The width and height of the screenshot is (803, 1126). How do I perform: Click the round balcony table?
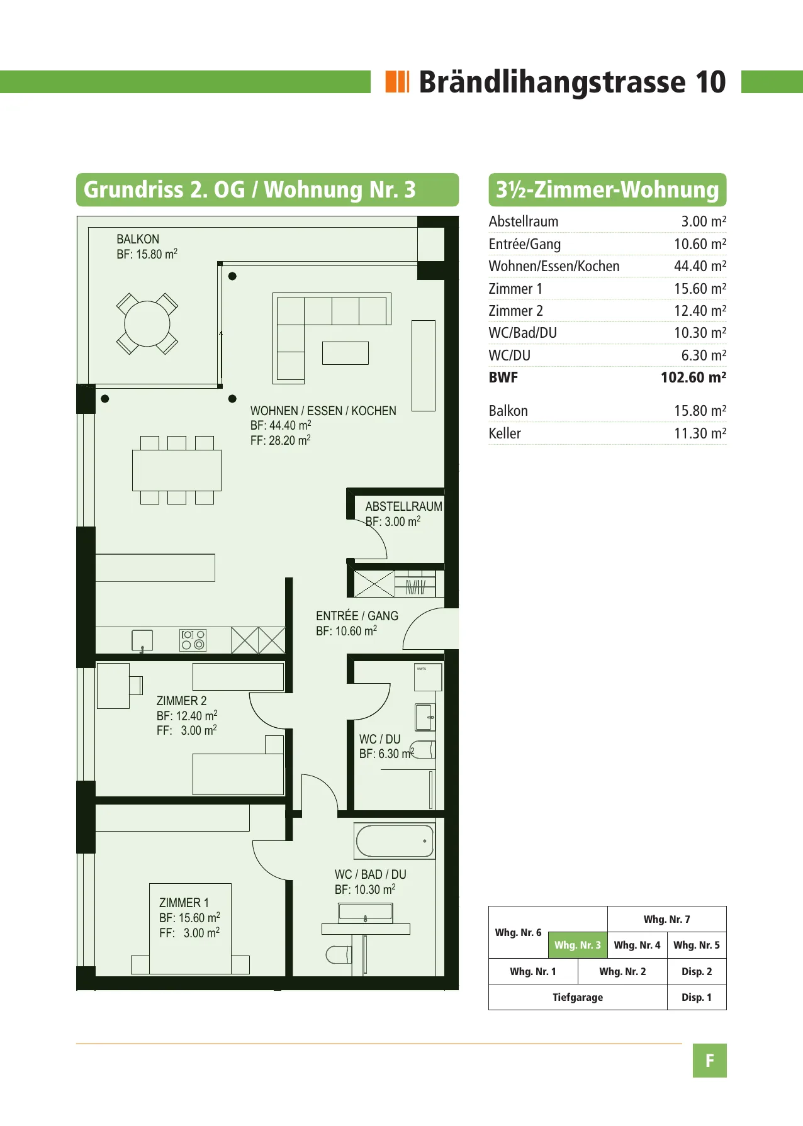point(147,324)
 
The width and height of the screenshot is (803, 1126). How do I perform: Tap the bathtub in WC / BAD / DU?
point(395,841)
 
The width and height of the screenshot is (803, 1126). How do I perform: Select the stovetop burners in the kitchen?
point(193,640)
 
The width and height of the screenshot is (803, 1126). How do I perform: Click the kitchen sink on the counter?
point(142,640)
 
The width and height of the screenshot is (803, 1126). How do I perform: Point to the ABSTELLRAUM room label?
point(403,506)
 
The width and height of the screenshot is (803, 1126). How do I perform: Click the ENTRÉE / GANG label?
point(357,616)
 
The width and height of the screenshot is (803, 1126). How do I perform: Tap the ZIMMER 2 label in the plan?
point(181,701)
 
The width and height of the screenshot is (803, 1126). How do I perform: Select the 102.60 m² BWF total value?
point(693,377)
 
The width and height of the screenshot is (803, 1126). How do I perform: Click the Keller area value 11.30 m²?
point(700,433)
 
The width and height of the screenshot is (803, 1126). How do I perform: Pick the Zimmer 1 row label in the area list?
point(515,289)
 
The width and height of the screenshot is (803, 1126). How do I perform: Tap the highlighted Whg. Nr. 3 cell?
point(578,945)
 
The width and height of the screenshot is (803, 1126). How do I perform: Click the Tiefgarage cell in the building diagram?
point(578,997)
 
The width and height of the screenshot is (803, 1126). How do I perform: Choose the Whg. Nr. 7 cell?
point(666,919)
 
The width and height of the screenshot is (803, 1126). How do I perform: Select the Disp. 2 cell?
point(697,971)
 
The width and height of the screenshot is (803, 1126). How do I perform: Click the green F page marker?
point(710,1061)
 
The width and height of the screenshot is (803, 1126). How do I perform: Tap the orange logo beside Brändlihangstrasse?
point(398,82)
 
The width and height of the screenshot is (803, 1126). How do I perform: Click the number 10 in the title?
point(710,82)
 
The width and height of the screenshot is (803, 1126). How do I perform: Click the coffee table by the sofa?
point(345,353)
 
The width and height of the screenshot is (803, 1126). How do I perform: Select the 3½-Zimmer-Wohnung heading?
point(607,189)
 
